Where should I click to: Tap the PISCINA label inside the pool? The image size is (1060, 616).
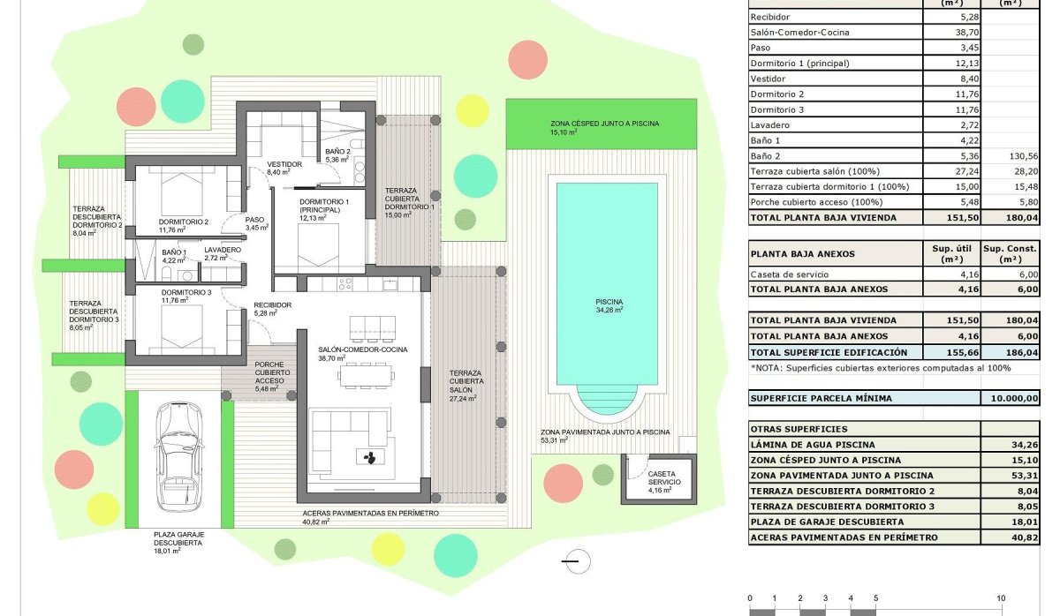pos(609,301)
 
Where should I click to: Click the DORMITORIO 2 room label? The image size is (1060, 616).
pos(184,222)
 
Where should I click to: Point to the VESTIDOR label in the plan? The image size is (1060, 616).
pos(284,164)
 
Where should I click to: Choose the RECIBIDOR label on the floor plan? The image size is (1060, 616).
pos(272,304)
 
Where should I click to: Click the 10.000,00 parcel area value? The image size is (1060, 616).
pos(1011,398)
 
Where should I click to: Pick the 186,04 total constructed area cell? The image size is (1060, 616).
pos(1011,351)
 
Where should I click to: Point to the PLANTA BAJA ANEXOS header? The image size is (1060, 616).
pos(802,254)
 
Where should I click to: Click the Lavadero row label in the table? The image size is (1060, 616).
pos(769,124)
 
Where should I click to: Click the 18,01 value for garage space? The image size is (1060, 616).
pos(1011,522)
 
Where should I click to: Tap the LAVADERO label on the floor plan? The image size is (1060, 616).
pos(222,250)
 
